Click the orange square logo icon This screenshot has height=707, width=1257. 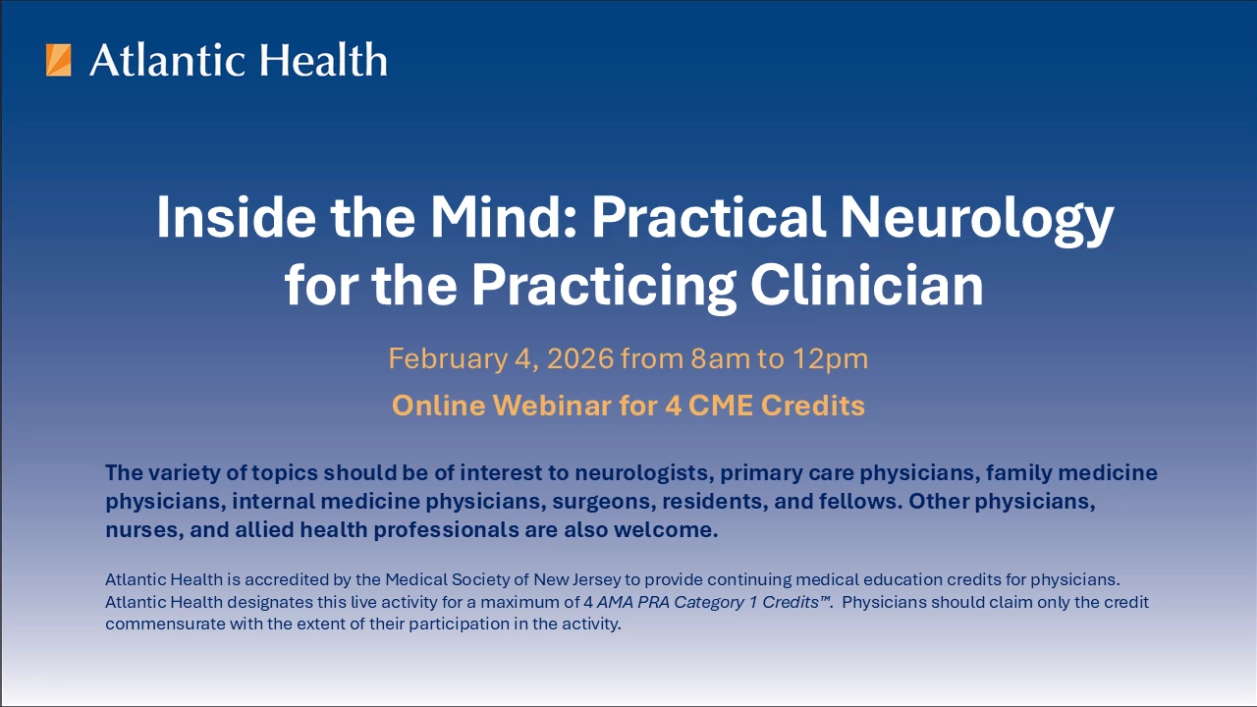pos(58,60)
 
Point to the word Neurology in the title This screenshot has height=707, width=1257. pos(977,220)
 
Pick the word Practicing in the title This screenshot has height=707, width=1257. pos(604,287)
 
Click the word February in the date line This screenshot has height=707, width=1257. pos(448,359)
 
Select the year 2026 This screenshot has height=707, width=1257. pos(580,358)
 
